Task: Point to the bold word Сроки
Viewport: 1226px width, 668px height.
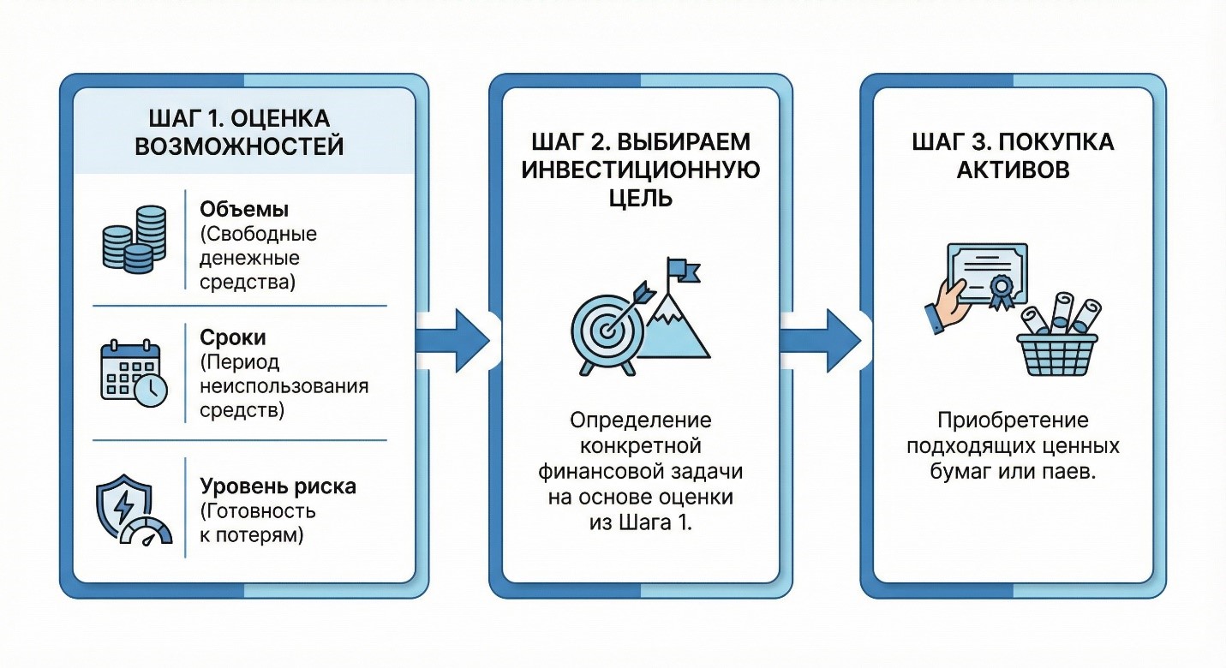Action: coord(231,337)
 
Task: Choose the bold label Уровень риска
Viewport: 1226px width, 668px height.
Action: coord(278,487)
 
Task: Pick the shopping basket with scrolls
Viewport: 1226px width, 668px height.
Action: coord(1058,340)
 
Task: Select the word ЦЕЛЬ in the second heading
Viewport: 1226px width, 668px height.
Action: coord(640,199)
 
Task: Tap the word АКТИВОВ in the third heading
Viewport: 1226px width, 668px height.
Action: coord(1013,169)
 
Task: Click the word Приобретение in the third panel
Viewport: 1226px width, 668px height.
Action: coord(1013,420)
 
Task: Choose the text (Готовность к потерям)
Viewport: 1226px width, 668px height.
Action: coord(258,524)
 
